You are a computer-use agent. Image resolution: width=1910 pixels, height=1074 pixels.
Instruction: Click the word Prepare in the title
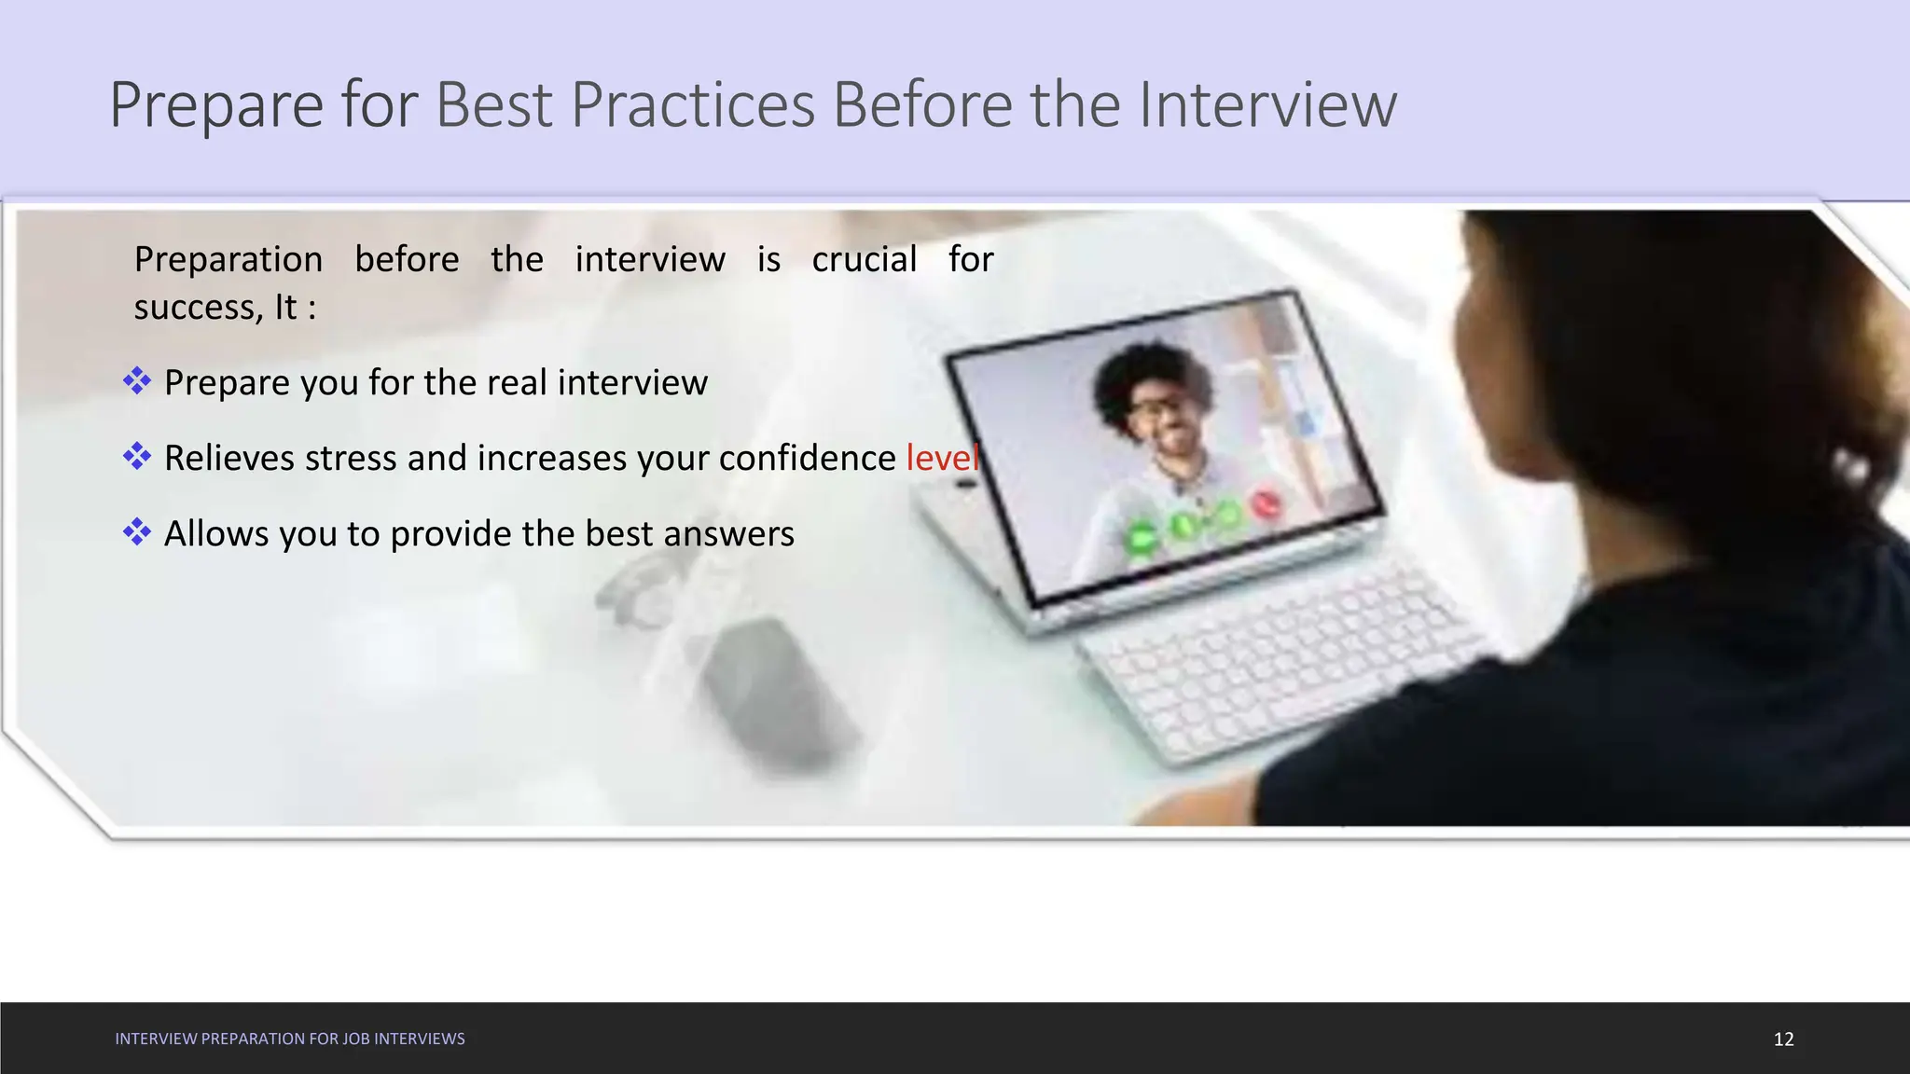coord(216,104)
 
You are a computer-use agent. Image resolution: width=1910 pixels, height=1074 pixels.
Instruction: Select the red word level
coord(942,458)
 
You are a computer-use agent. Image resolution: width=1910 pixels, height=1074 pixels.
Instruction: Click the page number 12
coord(1783,1039)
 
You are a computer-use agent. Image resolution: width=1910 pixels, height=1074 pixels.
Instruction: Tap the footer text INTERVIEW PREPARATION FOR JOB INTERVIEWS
coord(289,1039)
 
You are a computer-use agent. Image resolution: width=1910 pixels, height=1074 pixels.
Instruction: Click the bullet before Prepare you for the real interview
coord(137,380)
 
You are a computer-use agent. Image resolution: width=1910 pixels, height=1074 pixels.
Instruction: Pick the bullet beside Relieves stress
coord(137,456)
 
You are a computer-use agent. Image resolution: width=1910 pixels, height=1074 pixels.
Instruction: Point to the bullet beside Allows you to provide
coord(137,531)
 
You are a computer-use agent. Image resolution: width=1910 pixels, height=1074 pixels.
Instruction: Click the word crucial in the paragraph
coord(864,259)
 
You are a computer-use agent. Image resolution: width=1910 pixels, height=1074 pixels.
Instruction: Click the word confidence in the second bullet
coord(807,458)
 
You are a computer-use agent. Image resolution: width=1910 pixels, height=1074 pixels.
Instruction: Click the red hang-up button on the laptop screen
coord(1266,504)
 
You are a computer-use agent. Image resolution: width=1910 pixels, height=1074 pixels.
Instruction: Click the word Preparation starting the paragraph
coord(228,259)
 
